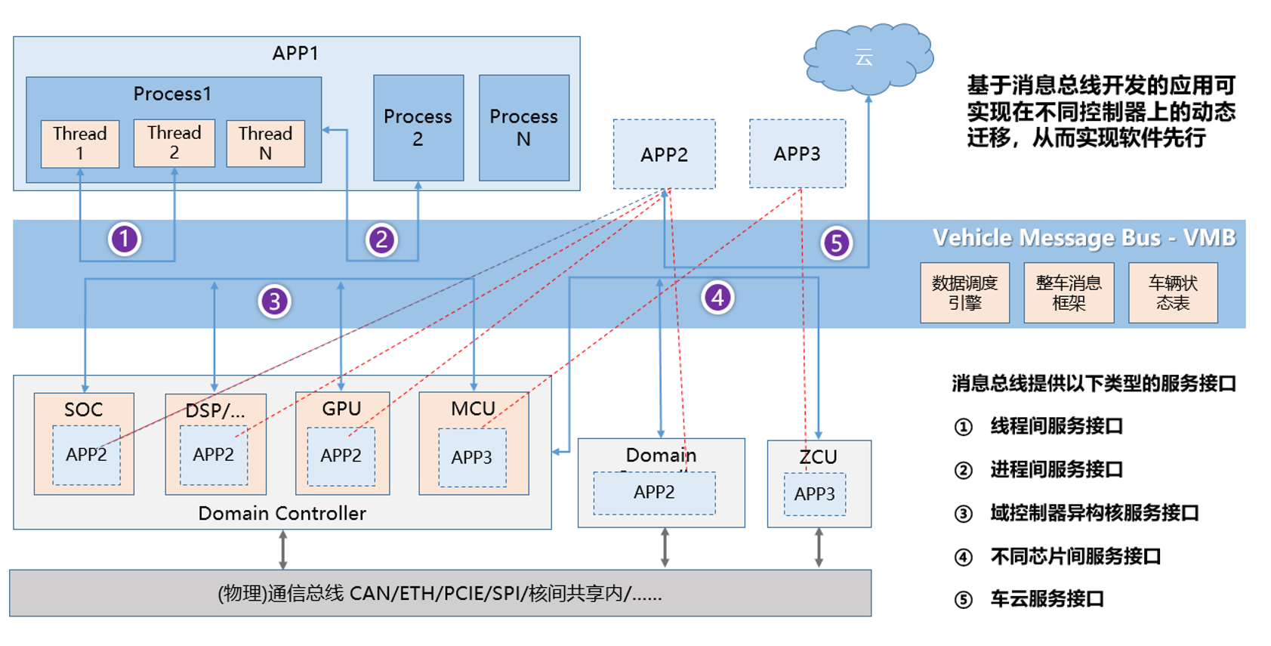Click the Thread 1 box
pos(80,144)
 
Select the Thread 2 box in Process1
pos(174,143)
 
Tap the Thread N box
pos(266,144)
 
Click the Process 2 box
pos(418,128)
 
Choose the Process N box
pos(524,128)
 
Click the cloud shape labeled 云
pos(867,57)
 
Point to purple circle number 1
pos(125,239)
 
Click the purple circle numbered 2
pos(381,240)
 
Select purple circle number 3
pos(275,301)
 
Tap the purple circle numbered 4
pos(717,297)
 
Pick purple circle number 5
pos(837,243)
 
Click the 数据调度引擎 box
pos(964,293)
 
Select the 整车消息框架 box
pos(1069,293)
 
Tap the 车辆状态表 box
pos(1173,293)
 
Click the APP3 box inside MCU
pos(472,458)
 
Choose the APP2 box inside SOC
pos(86,455)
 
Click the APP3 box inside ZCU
pos(815,494)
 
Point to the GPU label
pos(341,409)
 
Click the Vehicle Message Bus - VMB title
pos(1084,238)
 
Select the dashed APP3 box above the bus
pos(797,154)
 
